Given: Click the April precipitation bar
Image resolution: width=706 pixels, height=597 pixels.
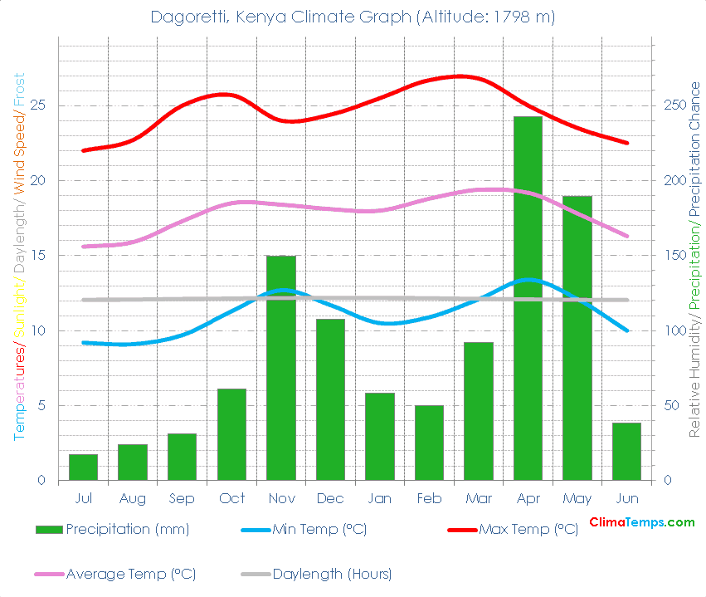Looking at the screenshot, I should (x=528, y=299).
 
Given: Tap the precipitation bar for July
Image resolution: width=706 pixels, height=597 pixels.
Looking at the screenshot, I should (x=83, y=467).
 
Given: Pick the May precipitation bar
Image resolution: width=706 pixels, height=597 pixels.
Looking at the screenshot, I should (x=577, y=338).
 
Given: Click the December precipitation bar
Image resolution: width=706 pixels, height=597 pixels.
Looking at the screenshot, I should (x=330, y=399).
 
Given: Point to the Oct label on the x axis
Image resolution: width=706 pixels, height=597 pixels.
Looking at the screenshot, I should (x=231, y=498).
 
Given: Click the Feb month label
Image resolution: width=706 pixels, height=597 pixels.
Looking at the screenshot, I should (x=429, y=498).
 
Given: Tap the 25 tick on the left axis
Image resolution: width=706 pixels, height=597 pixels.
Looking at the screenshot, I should (x=39, y=105).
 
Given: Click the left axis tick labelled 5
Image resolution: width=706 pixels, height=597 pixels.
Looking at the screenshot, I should (x=42, y=406).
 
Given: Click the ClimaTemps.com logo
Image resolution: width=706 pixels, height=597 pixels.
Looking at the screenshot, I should (x=641, y=522).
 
